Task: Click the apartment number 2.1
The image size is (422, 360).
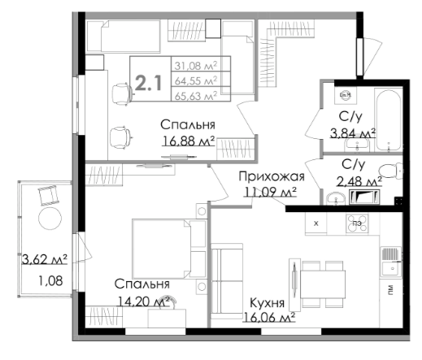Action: [148, 83]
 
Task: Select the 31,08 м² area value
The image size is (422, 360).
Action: [196, 66]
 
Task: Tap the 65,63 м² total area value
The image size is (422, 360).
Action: [196, 96]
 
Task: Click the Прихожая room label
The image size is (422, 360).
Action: [272, 176]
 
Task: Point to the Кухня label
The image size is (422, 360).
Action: [267, 302]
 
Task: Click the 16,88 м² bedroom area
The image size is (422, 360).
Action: [189, 141]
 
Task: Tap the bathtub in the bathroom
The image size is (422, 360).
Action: [388, 120]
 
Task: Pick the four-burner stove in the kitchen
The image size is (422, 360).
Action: [357, 223]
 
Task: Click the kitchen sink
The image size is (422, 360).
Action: [390, 262]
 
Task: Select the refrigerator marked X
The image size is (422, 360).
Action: [315, 223]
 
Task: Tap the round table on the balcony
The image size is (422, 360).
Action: [50, 219]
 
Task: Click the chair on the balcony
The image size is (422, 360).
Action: [49, 195]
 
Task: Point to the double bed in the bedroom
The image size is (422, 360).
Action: [168, 249]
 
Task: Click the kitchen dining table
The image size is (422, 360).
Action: [323, 284]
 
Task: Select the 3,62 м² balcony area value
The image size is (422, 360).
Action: [44, 259]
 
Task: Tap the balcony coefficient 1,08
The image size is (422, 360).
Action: [50, 280]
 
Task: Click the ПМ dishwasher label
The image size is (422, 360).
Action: [390, 290]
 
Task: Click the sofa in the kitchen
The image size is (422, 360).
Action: [227, 281]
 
